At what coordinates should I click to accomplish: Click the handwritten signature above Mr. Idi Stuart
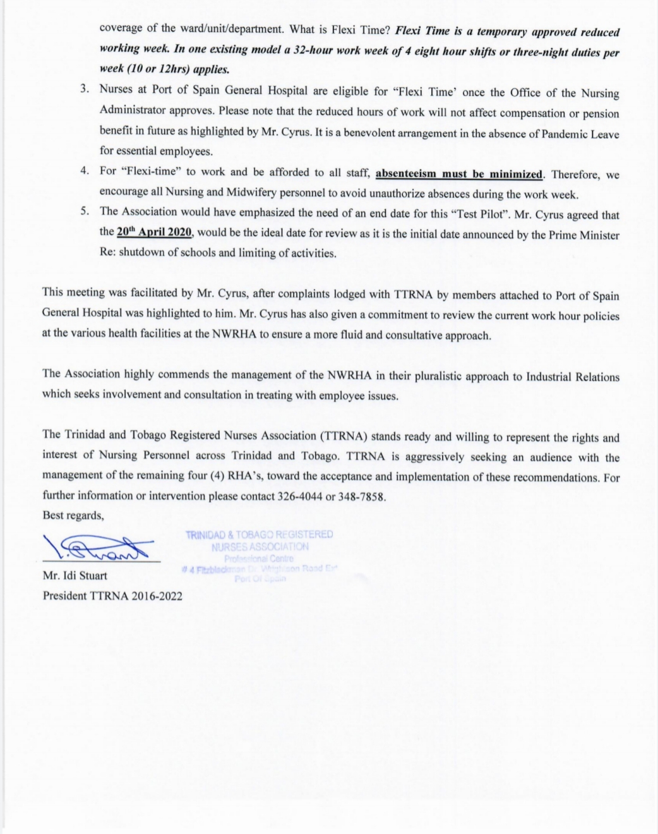pos(98,547)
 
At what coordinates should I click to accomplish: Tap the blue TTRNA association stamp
pos(259,556)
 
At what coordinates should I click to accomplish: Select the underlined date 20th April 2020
pos(154,232)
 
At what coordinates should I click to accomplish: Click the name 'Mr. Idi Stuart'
pos(75,576)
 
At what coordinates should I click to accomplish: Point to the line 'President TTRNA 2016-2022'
pos(112,595)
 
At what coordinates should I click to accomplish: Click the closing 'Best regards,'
pos(73,516)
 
